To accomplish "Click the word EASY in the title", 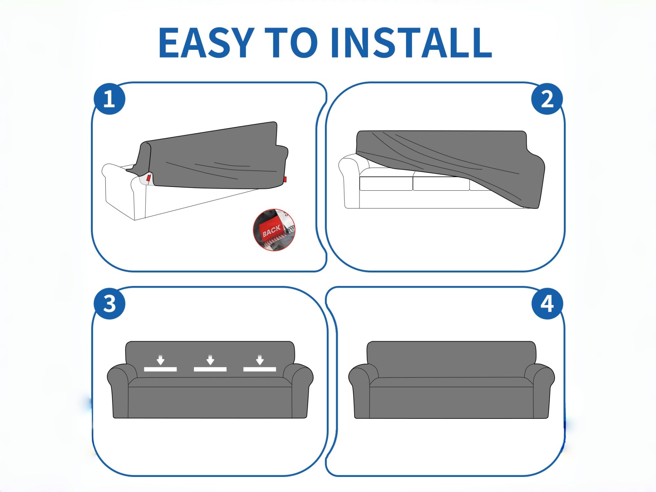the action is tap(207, 43).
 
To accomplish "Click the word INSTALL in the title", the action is tap(411, 43).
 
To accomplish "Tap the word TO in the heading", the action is tap(291, 43).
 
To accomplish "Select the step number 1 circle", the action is tap(109, 99).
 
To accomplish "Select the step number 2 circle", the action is tap(547, 99).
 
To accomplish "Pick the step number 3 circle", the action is tap(109, 303).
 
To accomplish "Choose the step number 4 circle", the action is tap(547, 303).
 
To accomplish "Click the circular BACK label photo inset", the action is tap(274, 230).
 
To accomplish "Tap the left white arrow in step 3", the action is tap(160, 360).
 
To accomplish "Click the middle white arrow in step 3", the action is tap(210, 360).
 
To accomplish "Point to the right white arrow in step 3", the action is tap(260, 360).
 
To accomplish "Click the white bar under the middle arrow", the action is tap(210, 369).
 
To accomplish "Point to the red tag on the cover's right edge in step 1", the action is tap(285, 179).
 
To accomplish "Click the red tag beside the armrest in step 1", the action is tap(149, 178).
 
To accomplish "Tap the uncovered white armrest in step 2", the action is tap(350, 182).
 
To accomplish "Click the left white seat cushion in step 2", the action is tap(386, 183).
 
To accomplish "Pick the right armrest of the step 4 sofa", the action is tap(540, 390).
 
